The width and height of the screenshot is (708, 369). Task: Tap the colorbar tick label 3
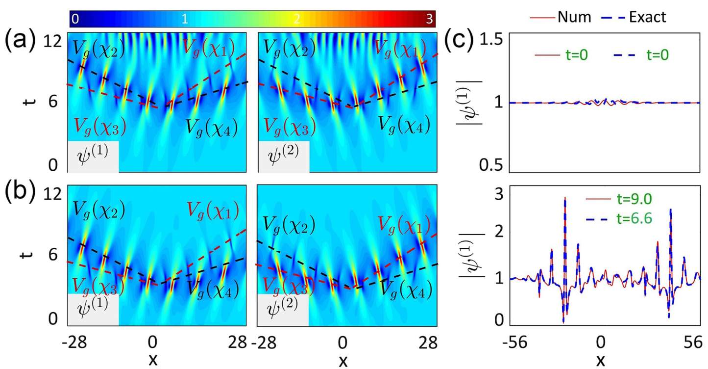click(429, 19)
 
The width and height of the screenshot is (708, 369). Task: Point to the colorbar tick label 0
click(75, 19)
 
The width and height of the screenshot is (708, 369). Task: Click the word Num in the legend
click(574, 17)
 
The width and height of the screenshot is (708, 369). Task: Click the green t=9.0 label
click(632, 200)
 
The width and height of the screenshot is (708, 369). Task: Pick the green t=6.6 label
click(632, 220)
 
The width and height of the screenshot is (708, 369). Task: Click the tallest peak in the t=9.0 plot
click(565, 198)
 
